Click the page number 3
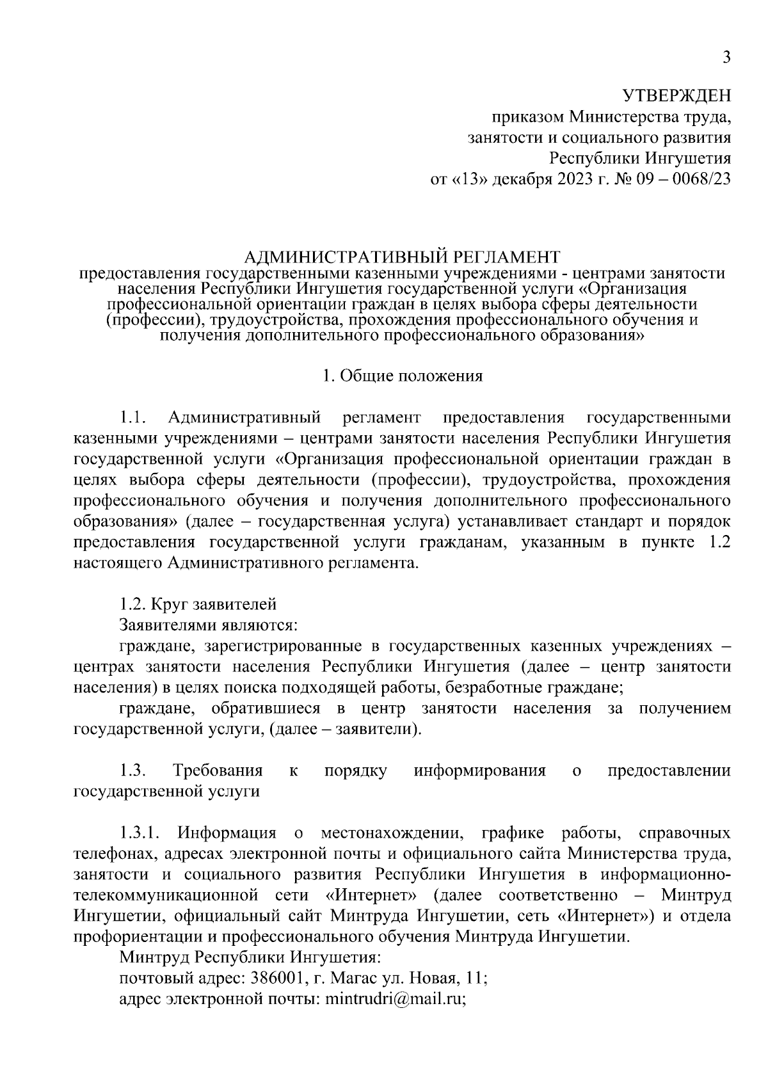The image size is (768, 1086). click(x=726, y=58)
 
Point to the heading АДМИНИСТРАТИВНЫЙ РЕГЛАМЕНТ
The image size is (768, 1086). click(x=403, y=257)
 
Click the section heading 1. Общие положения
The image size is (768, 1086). click(x=403, y=376)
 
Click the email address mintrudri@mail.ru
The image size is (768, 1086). click(x=395, y=999)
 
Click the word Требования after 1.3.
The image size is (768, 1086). click(x=218, y=771)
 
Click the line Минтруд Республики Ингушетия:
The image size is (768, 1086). click(x=250, y=958)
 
